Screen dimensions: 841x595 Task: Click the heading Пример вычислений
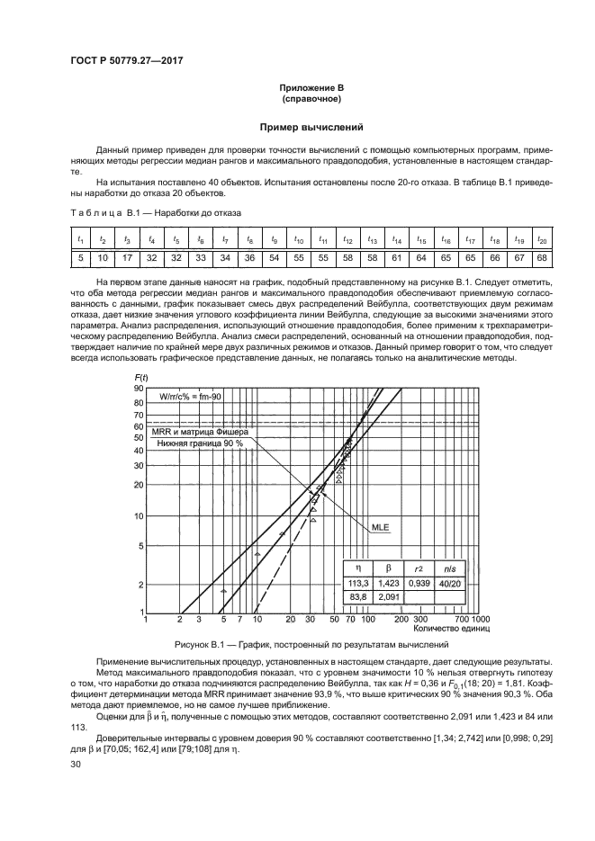coord(297,128)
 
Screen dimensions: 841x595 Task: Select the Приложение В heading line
coord(297,87)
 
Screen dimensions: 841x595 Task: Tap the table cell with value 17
coord(128,257)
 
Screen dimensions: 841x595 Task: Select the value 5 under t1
coord(80,257)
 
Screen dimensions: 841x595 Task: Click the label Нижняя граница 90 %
coord(200,443)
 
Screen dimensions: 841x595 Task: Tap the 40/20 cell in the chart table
coord(450,583)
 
